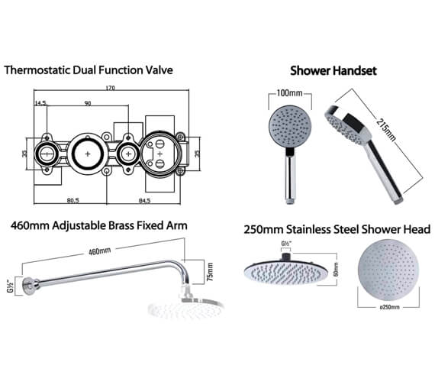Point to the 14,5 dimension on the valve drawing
tap(40, 102)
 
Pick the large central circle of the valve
tap(89, 155)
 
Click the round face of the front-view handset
tap(287, 127)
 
